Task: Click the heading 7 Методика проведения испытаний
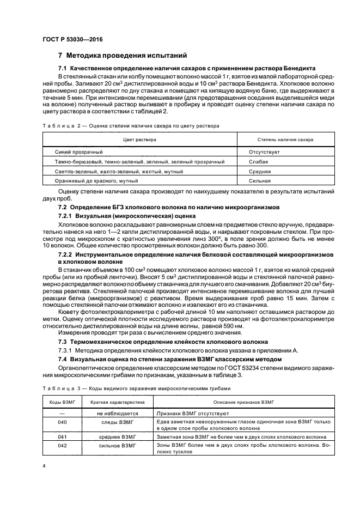point(123,55)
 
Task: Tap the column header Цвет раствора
point(139,139)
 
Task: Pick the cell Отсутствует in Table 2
point(264,152)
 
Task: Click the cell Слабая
point(259,162)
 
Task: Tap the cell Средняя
point(260,171)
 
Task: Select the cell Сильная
point(260,180)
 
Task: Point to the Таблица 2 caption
point(131,125)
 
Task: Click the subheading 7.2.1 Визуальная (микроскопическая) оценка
point(127,216)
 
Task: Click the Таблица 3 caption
point(137,388)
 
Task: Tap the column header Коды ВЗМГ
point(62,402)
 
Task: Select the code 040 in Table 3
point(62,422)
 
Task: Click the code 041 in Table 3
point(62,436)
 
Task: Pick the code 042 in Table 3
point(62,446)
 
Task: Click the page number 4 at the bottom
point(44,467)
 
